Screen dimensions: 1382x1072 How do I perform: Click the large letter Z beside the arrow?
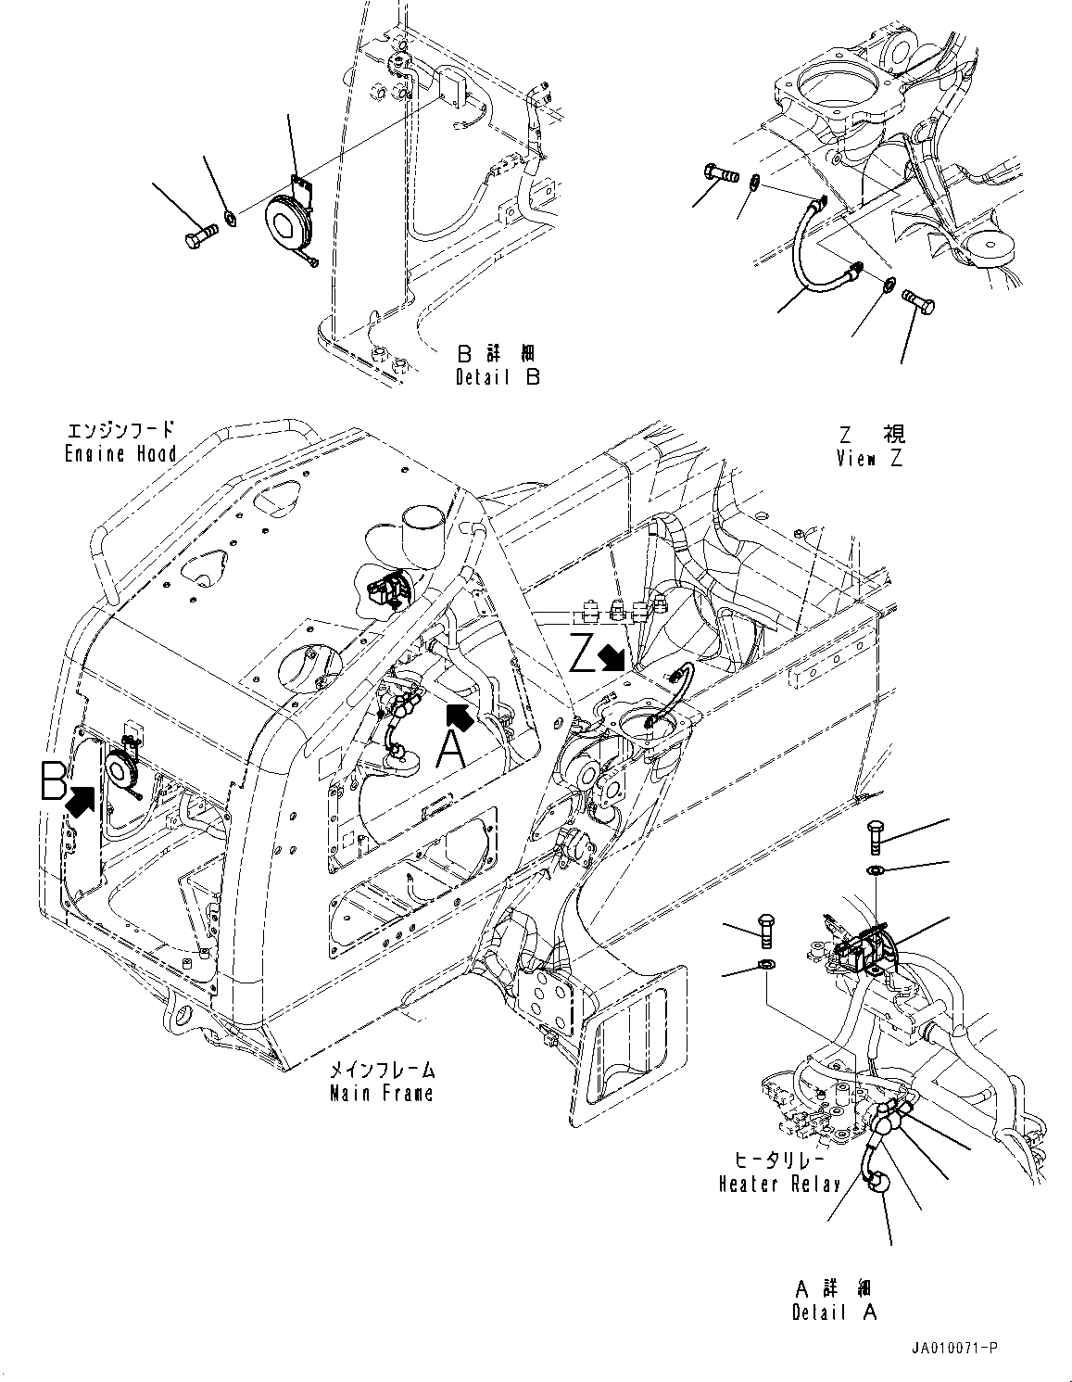[x=583, y=653]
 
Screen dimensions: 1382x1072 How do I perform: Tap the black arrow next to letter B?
[x=82, y=799]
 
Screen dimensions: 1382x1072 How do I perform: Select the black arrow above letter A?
[x=461, y=716]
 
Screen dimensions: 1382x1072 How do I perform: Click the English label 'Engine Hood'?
[x=120, y=454]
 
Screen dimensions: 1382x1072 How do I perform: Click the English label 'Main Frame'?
[x=382, y=1093]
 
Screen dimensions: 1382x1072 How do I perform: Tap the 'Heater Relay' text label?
[x=779, y=1184]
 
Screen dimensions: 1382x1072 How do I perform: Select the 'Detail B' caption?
[x=497, y=377]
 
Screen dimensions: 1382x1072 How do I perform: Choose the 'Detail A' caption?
[x=834, y=1312]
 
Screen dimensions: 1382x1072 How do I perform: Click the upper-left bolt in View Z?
[x=719, y=172]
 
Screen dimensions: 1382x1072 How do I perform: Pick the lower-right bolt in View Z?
[x=919, y=303]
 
